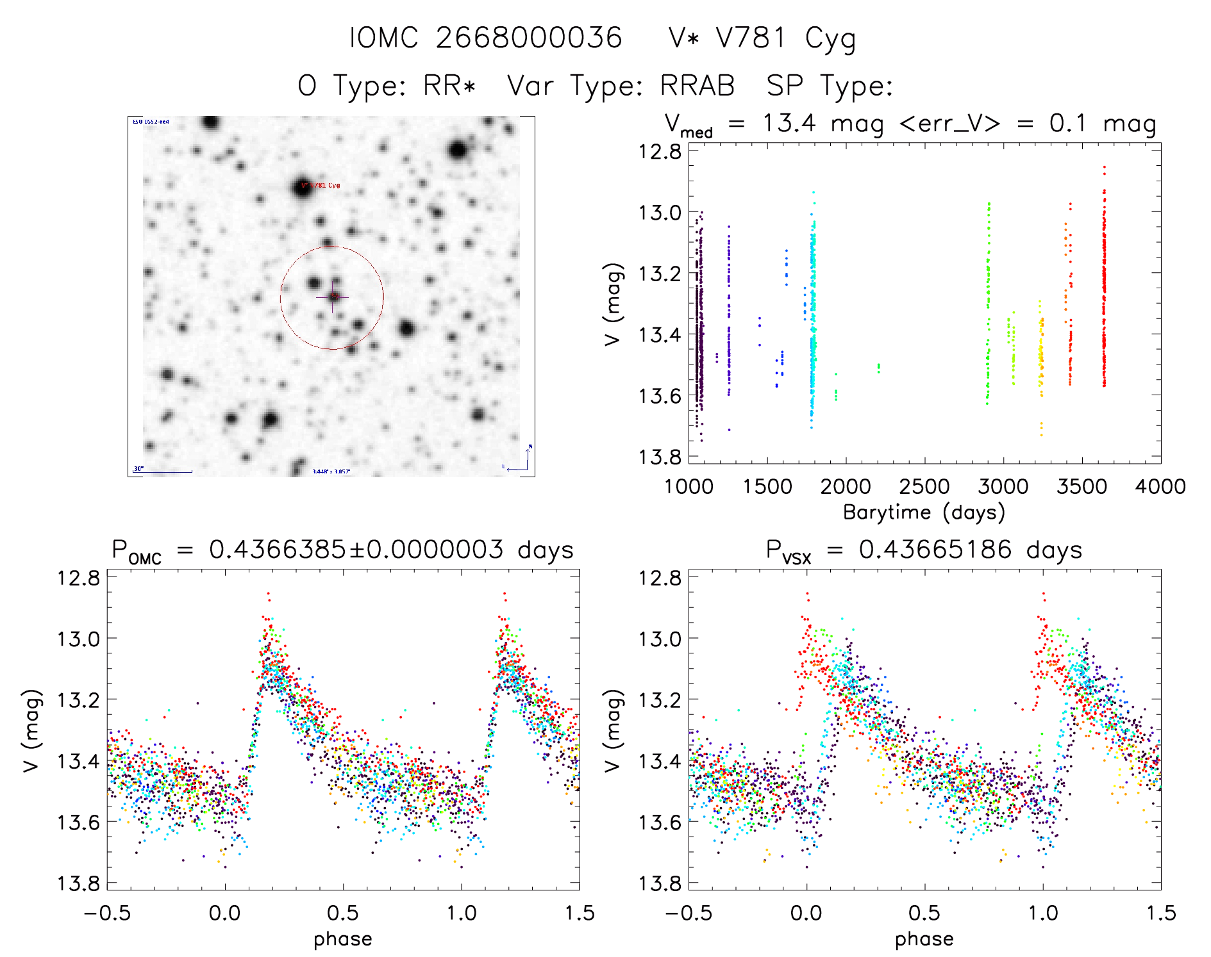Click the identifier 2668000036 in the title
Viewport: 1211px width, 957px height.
[529, 38]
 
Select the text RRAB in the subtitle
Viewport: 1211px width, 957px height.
[697, 86]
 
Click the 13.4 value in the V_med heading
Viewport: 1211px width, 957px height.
[789, 123]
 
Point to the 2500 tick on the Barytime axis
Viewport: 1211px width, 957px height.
[924, 487]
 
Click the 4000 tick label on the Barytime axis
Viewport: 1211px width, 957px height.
[1160, 487]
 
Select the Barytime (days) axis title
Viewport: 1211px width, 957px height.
[924, 512]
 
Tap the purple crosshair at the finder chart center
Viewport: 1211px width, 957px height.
[333, 297]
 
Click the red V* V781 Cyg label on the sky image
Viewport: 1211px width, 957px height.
[321, 186]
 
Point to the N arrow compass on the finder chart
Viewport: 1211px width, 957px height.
[528, 456]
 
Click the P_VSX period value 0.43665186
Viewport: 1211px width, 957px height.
[935, 550]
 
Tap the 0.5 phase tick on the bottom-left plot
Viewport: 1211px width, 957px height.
[343, 913]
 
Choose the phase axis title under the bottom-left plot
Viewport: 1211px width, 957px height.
[343, 939]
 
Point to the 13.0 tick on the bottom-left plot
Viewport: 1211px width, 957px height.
[79, 639]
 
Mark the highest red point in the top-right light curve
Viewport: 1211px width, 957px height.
[1104, 167]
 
